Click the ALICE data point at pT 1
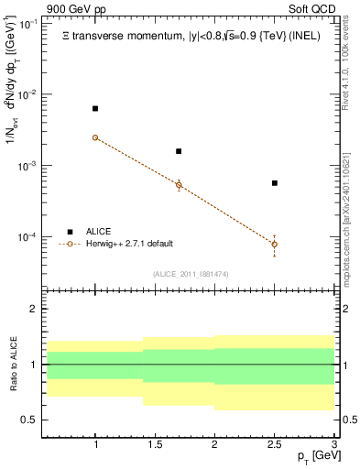tap(95, 109)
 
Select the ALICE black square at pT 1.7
tap(179, 151)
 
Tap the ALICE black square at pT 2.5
tap(274, 183)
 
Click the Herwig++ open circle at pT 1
tap(95, 137)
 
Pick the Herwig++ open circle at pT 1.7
tap(179, 185)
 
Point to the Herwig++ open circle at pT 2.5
tap(274, 244)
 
